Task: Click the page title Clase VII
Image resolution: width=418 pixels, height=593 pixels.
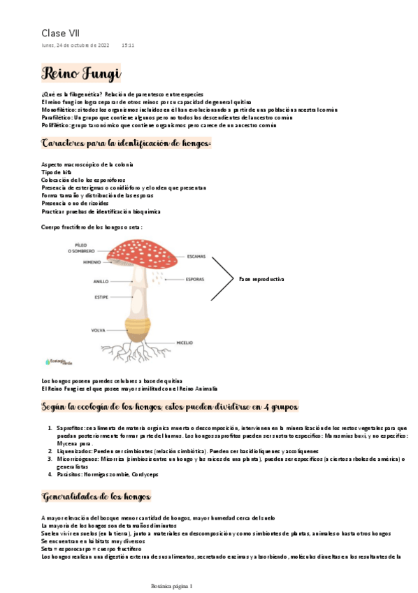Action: [x=61, y=33]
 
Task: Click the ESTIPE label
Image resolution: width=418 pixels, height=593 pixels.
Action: [x=101, y=296]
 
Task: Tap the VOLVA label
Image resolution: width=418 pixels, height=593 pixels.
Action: [x=99, y=329]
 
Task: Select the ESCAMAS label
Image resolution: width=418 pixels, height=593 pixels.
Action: [x=196, y=256]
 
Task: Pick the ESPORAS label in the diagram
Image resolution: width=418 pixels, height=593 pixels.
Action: [x=195, y=280]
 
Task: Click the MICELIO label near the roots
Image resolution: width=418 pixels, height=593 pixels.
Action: [x=185, y=343]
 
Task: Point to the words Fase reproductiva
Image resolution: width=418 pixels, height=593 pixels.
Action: [x=261, y=279]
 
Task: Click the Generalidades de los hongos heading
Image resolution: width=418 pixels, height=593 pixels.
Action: [x=96, y=497]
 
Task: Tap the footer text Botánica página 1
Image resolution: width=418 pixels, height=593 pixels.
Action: [x=176, y=585]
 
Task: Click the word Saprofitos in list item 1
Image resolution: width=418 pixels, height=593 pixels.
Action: [x=70, y=427]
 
